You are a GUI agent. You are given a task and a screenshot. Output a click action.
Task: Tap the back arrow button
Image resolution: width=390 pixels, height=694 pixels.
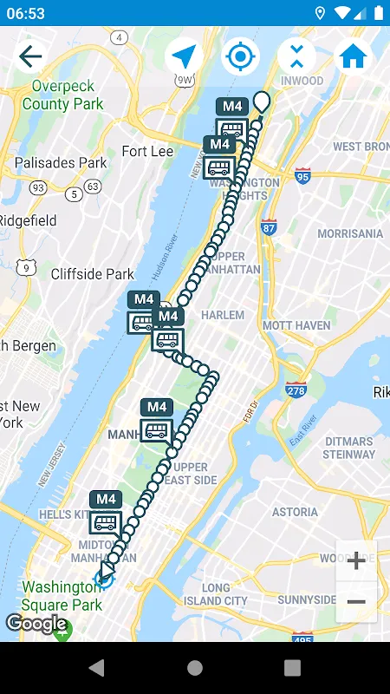[30, 57]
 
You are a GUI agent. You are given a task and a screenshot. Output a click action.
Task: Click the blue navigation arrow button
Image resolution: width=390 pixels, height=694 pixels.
[184, 57]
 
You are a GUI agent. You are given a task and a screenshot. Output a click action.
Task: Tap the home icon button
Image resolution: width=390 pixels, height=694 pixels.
[353, 57]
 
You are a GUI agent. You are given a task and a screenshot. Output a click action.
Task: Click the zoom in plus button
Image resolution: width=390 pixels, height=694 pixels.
[356, 560]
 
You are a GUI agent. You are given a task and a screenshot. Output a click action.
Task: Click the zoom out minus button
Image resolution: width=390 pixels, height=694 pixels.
[356, 601]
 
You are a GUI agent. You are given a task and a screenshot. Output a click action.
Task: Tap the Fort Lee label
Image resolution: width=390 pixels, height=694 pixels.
[147, 151]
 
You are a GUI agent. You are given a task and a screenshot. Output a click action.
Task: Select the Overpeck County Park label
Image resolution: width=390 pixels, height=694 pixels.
[62, 95]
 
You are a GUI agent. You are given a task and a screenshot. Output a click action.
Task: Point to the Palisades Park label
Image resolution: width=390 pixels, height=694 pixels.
[61, 162]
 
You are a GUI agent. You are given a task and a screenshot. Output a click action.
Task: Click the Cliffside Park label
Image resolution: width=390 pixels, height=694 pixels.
[93, 274]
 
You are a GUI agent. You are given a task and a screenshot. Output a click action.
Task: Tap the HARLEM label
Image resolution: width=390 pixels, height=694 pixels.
[222, 315]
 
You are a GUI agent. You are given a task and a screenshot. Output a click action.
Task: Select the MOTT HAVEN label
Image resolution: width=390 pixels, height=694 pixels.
[296, 325]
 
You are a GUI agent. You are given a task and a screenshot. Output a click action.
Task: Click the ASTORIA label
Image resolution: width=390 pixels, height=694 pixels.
[295, 512]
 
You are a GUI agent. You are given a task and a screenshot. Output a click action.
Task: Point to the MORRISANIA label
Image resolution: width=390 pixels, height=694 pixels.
[350, 233]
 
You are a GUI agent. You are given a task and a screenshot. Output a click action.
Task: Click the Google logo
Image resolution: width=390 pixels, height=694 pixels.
[36, 624]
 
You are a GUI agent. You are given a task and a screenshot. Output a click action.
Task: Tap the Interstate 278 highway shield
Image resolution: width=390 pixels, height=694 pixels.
[296, 390]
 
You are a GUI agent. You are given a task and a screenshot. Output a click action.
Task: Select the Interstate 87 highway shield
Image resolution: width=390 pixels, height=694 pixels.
[269, 227]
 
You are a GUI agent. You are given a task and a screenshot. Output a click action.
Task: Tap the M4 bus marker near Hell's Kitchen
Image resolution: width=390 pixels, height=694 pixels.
[106, 513]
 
